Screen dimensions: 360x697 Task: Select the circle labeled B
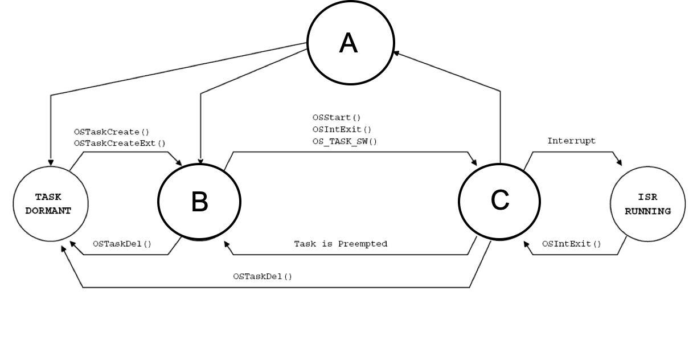point(199,202)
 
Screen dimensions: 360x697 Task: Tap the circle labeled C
point(499,199)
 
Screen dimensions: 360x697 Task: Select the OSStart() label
point(332,118)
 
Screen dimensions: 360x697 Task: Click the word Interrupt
point(571,140)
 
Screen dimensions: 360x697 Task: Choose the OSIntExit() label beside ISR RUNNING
point(571,244)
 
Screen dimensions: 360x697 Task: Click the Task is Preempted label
point(341,244)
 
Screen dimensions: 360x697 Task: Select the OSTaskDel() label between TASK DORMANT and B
point(122,244)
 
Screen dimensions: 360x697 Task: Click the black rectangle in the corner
point(676,14)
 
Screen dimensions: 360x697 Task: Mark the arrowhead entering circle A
point(396,53)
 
